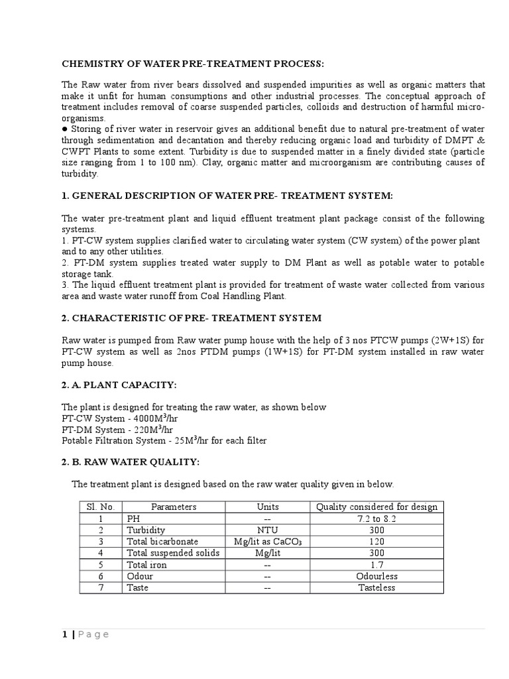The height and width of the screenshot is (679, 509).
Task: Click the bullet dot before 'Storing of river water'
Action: tap(64, 129)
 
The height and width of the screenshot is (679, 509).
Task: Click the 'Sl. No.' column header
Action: tap(100, 507)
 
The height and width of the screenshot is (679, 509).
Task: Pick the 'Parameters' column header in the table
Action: tap(174, 507)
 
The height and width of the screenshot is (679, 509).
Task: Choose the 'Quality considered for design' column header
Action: tap(376, 507)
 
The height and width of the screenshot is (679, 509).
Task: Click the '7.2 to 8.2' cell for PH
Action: tap(376, 519)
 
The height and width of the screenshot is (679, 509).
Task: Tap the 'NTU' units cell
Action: tap(267, 530)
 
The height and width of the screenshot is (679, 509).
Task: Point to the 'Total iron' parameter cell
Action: tap(146, 565)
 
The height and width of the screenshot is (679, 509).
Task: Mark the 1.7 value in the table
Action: tap(376, 565)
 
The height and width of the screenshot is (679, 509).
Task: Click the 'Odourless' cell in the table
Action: tap(376, 576)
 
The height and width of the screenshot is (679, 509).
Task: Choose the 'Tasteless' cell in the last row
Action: tap(376, 587)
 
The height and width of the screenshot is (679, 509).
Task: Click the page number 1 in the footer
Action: tap(64, 635)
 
